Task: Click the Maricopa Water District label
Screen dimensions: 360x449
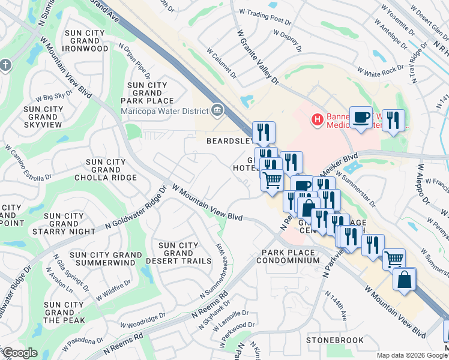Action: (x=163, y=110)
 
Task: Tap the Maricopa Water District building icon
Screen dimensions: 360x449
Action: (x=217, y=110)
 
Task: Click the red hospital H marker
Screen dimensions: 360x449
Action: (x=317, y=120)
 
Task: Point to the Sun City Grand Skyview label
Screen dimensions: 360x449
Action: (x=43, y=116)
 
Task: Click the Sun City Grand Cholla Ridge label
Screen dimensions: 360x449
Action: (x=106, y=170)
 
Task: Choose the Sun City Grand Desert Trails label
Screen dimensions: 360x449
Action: (x=178, y=253)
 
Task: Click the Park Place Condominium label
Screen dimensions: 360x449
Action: (x=288, y=256)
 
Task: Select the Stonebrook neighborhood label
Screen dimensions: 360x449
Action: (x=334, y=340)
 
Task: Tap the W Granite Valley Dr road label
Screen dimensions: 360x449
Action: (x=258, y=57)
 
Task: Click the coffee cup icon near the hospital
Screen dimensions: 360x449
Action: (x=361, y=116)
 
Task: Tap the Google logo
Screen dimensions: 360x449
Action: (x=20, y=353)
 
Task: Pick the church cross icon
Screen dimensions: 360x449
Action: (x=5, y=65)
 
